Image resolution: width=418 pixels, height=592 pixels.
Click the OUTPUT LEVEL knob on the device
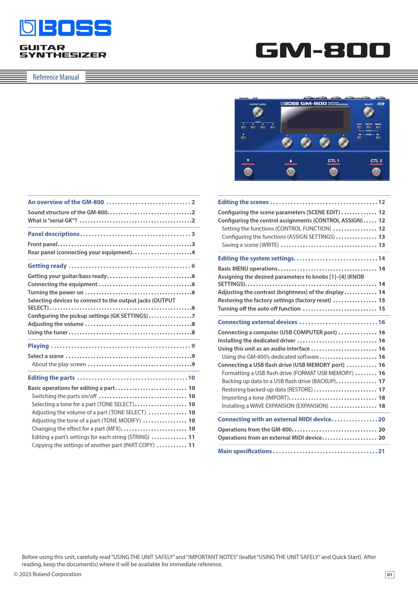[x=258, y=112]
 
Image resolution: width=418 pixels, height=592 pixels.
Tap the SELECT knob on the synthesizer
[x=369, y=112]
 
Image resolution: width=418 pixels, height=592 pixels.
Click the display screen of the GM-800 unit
[x=312, y=119]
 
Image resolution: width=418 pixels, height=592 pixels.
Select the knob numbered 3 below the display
[x=325, y=142]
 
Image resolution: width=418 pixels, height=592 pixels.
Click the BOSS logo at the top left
[x=66, y=28]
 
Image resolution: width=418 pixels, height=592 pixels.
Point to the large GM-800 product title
[x=323, y=50]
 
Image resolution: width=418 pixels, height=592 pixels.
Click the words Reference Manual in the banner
[x=56, y=77]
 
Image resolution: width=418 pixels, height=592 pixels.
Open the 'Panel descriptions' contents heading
[x=54, y=234]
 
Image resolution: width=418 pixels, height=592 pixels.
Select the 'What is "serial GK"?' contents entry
[x=52, y=220]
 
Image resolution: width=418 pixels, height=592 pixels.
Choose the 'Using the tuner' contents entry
[x=48, y=332]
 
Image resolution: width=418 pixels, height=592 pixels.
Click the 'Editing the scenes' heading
[x=243, y=202]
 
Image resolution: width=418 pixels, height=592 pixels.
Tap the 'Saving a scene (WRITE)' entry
[x=250, y=245]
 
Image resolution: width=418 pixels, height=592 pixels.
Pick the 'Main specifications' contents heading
[x=245, y=451]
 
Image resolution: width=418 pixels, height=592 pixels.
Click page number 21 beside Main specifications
[x=381, y=451]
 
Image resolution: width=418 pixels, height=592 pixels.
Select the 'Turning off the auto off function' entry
[x=259, y=309]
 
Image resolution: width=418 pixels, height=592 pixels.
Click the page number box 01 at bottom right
[x=389, y=574]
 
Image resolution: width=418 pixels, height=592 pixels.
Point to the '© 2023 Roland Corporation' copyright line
[x=48, y=574]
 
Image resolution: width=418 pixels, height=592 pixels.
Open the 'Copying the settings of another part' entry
[x=93, y=446]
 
